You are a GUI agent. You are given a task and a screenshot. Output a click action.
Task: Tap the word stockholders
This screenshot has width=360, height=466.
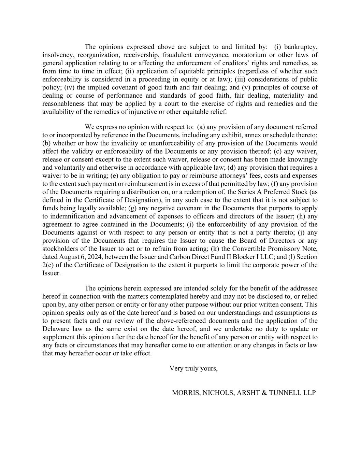(60, 249)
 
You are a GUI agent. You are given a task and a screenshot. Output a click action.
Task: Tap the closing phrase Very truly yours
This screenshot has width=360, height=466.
(193, 368)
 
